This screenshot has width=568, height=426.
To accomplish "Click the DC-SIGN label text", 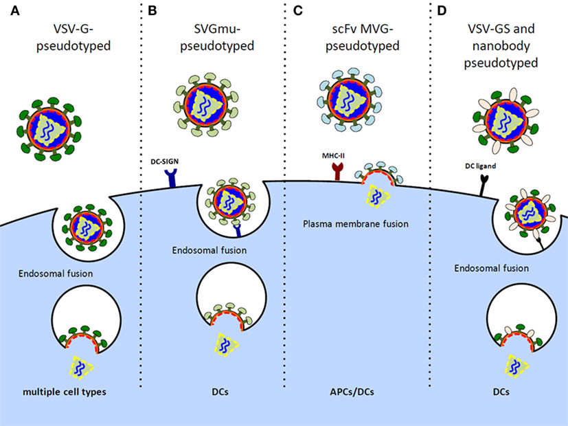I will click(163, 159).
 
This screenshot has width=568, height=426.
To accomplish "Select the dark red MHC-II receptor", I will click(337, 172).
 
